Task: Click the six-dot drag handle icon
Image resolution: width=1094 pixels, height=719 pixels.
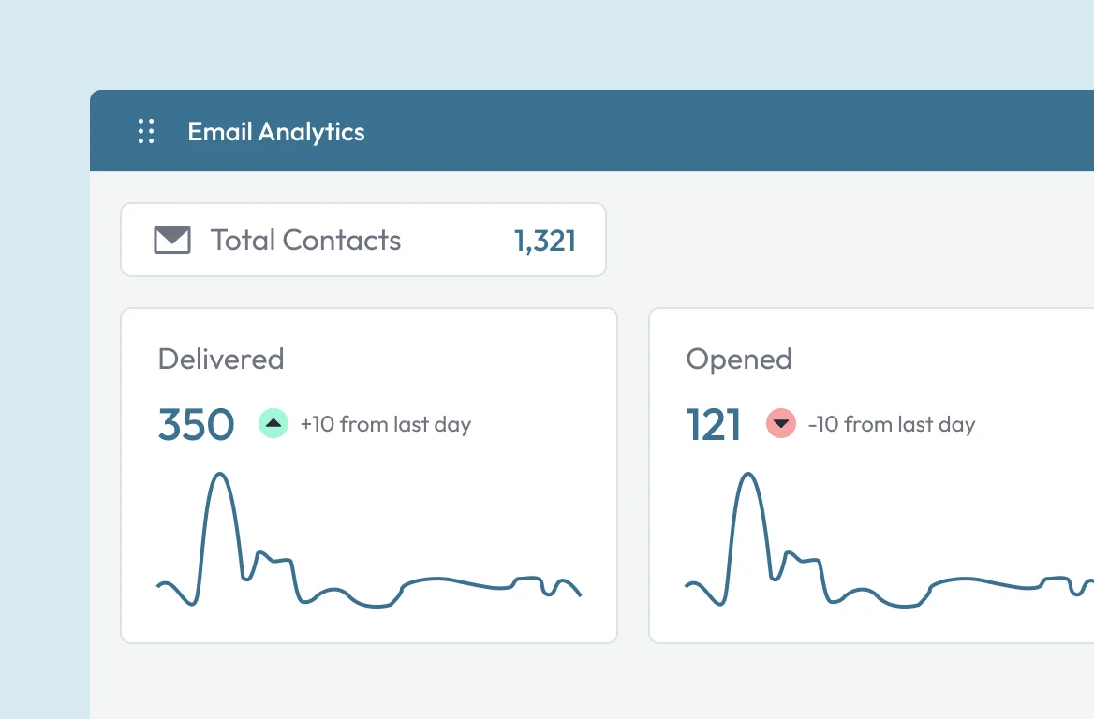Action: [146, 131]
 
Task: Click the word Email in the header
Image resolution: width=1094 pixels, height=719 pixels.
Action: [219, 131]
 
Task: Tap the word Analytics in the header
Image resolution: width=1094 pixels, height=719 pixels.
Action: [311, 133]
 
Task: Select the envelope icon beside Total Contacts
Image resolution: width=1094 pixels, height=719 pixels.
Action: [172, 240]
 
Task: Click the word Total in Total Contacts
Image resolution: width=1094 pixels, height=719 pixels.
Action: [243, 240]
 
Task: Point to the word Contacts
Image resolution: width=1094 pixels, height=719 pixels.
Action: [342, 240]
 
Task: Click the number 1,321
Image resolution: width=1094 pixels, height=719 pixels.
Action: [545, 242]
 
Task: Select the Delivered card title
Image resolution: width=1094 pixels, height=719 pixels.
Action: [221, 359]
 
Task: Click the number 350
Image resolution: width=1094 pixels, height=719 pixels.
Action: [196, 425]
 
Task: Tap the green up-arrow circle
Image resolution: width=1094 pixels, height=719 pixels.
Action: [273, 423]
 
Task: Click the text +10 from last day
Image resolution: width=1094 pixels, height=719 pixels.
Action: [386, 424]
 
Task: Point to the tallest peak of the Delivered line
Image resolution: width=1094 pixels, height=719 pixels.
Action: [220, 475]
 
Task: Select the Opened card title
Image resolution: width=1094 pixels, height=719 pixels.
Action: [739, 359]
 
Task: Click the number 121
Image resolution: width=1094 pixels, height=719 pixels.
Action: [713, 425]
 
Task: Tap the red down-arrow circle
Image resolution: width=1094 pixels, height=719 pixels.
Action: [781, 423]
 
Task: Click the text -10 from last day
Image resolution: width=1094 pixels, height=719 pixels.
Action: [892, 424]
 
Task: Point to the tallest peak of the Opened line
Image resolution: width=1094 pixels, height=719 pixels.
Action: [748, 475]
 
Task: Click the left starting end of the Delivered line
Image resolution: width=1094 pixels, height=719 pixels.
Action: [158, 586]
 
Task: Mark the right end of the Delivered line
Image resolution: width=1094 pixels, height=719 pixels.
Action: [581, 594]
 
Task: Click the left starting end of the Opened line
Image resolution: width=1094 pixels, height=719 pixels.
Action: [687, 586]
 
